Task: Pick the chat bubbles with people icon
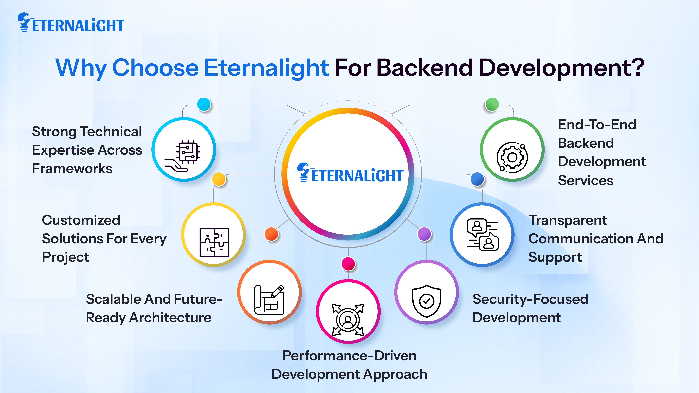pyautogui.click(x=482, y=235)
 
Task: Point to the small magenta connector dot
pyautogui.click(x=348, y=263)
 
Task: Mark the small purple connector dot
pyautogui.click(x=424, y=234)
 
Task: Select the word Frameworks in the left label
pyautogui.click(x=72, y=169)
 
